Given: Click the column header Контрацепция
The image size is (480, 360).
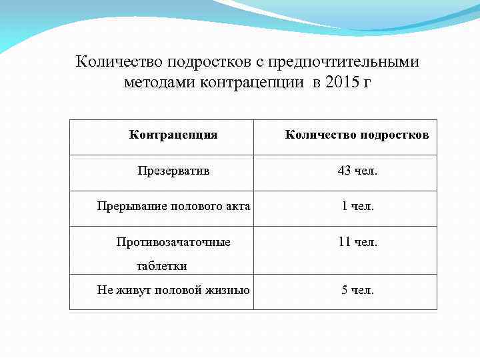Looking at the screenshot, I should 173,135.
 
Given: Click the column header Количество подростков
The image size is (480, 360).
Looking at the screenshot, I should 357,135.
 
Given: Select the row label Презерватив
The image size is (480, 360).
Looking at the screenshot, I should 173,171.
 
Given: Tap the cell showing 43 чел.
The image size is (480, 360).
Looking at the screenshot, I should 357,171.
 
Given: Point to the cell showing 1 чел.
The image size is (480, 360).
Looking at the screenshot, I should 357,206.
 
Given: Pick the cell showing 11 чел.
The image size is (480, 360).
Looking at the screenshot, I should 357,242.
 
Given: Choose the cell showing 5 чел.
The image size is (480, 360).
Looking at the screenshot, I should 357,290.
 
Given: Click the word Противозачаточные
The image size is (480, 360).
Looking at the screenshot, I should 173,242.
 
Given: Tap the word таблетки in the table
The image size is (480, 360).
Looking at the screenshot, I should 161,266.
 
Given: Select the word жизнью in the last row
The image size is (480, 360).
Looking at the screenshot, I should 229,290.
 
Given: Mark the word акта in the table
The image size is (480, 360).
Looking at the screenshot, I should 238,206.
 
